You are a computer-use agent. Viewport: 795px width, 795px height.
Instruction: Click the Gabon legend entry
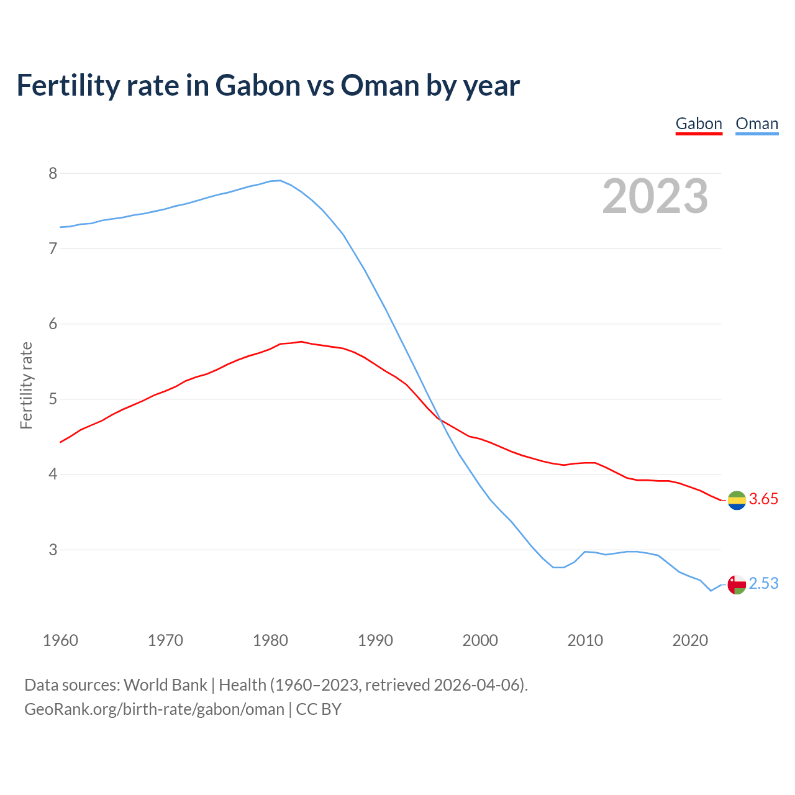tap(699, 124)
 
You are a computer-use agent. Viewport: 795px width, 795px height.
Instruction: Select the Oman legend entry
tap(756, 124)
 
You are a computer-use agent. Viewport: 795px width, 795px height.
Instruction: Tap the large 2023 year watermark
tap(655, 196)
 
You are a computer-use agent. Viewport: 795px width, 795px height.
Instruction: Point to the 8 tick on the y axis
tap(53, 173)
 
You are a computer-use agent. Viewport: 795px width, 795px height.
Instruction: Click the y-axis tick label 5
tap(53, 399)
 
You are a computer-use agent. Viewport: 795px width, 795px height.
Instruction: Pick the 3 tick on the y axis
tap(53, 550)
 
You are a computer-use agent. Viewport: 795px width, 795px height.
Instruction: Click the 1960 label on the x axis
tap(60, 640)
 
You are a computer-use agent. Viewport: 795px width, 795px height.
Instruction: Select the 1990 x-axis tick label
tap(375, 640)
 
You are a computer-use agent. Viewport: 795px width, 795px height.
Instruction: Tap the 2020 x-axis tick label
tap(690, 640)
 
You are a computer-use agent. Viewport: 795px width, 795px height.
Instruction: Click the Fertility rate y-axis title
tap(26, 385)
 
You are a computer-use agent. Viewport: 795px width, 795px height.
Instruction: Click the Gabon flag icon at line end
tap(737, 500)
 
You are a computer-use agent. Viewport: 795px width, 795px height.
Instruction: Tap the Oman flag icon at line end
tap(737, 584)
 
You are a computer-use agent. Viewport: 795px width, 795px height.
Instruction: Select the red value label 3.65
tap(763, 499)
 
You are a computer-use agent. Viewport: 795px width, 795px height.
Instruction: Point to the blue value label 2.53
tap(763, 584)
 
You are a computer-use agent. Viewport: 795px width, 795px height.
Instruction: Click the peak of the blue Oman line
tap(280, 181)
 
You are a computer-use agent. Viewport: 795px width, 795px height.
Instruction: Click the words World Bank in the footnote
tap(165, 685)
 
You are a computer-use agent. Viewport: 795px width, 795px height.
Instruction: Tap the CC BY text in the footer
tap(319, 709)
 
